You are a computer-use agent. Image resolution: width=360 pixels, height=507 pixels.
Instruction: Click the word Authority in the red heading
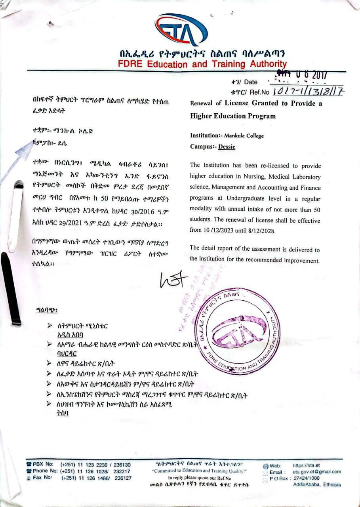coord(264,64)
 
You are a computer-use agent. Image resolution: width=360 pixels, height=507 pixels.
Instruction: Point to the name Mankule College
coord(244,136)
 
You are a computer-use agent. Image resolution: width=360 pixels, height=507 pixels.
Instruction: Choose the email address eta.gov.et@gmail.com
coord(317,472)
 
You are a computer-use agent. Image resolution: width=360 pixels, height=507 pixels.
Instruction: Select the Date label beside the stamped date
coord(250,82)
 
